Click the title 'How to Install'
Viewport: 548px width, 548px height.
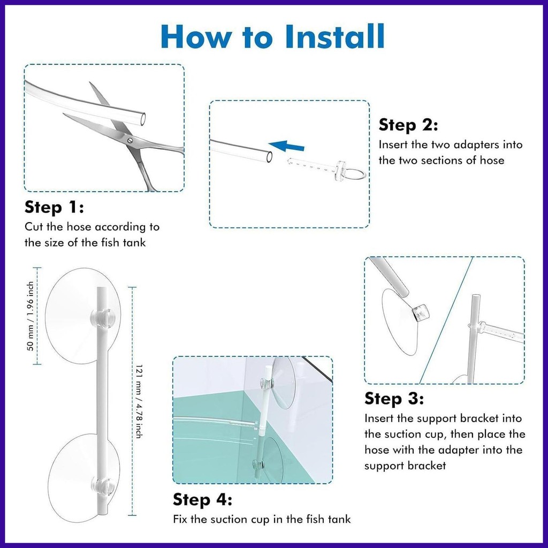click(x=272, y=36)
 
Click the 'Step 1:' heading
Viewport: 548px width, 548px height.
click(x=54, y=207)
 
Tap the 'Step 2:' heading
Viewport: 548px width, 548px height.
click(x=408, y=125)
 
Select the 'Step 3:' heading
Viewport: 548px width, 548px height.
click(x=394, y=398)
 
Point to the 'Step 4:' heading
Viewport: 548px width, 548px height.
click(x=202, y=499)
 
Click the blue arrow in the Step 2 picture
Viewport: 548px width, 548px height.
click(x=286, y=146)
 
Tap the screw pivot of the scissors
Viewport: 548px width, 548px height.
click(x=130, y=141)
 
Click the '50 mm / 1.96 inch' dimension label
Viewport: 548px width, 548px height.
click(x=31, y=316)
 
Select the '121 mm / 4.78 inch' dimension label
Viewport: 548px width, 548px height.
click(x=139, y=401)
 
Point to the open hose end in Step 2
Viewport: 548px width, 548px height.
click(x=269, y=157)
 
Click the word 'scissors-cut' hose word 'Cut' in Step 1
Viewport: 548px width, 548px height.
click(x=34, y=227)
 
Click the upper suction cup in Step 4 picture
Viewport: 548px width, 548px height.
click(x=284, y=383)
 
